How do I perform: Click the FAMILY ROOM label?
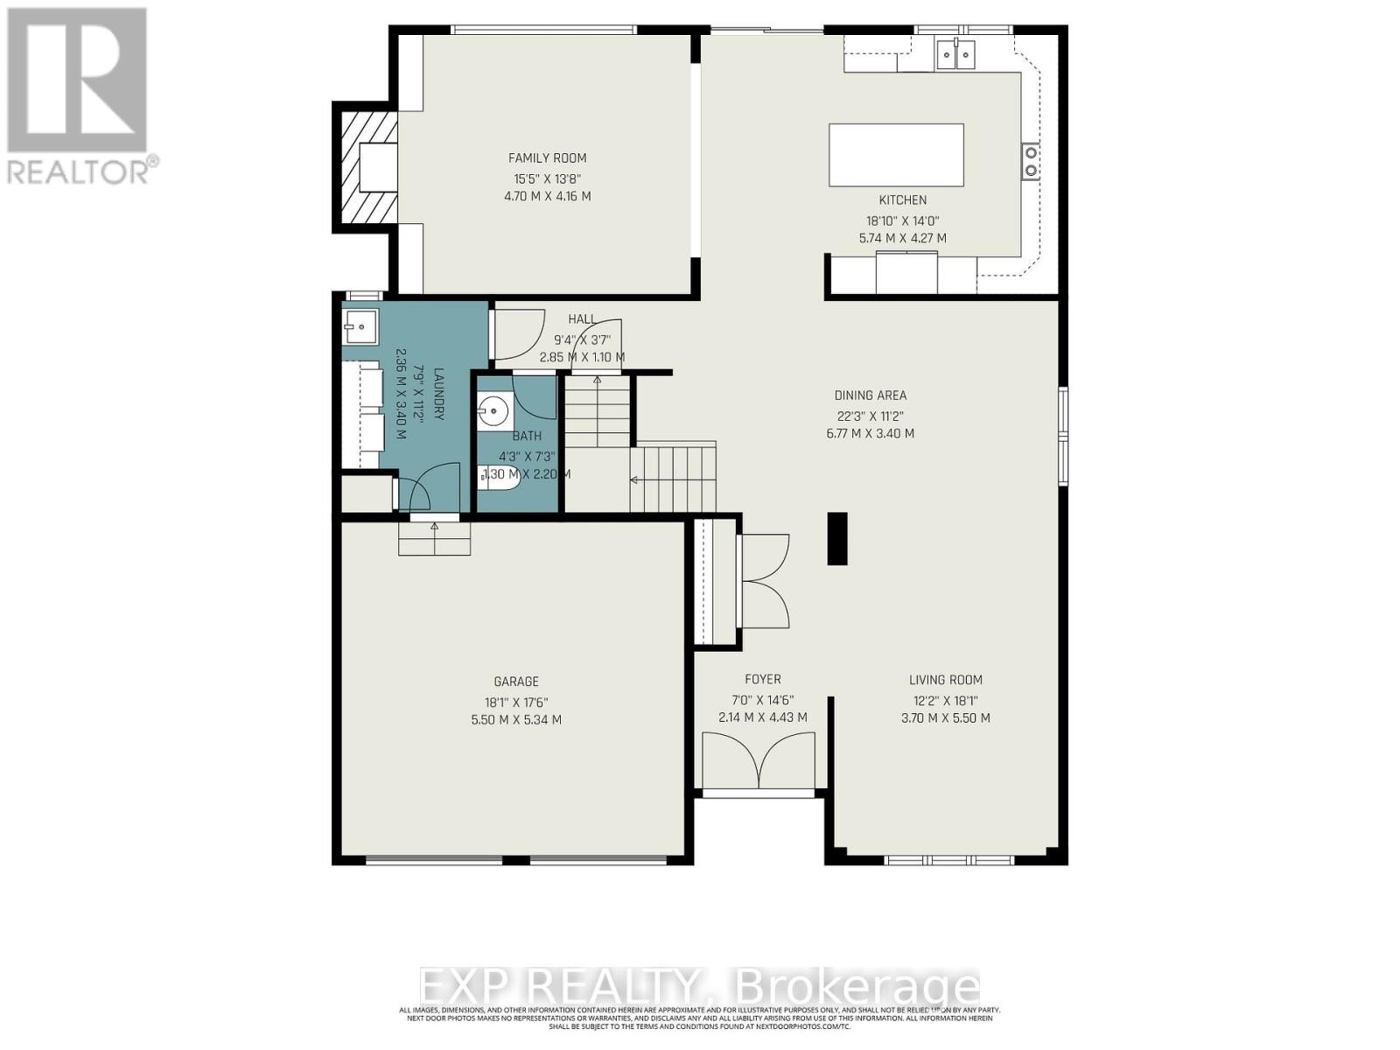(x=547, y=158)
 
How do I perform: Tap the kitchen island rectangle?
(x=896, y=155)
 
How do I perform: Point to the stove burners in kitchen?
(x=1031, y=161)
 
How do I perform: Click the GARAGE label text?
(x=516, y=682)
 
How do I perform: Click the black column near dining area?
(x=837, y=539)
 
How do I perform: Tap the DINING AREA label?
(x=870, y=395)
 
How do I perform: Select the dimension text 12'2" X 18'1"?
(x=945, y=700)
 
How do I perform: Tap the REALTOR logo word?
(x=81, y=171)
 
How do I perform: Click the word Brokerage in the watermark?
(x=857, y=987)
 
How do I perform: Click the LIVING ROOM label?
(x=945, y=680)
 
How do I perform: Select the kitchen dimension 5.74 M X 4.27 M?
(x=902, y=238)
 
